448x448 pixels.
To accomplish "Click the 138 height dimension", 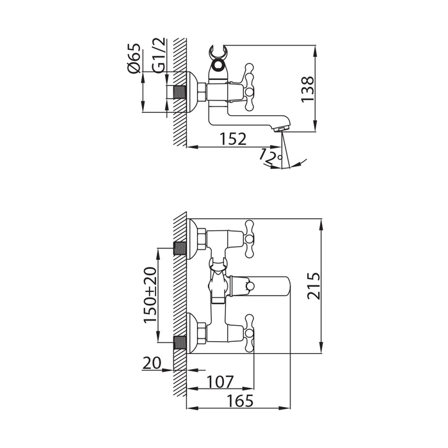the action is click(308, 89).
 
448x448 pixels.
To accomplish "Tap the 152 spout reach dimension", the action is click(232, 139).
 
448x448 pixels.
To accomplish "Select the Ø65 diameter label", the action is click(134, 58).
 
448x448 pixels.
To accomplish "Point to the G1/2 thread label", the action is click(159, 55).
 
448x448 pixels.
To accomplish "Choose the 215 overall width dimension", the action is click(314, 286).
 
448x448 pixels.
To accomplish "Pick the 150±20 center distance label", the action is click(150, 295).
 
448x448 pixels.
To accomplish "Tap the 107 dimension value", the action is click(220, 381).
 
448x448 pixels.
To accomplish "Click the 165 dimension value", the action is click(240, 401).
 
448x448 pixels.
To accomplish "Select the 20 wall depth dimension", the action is click(152, 364).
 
